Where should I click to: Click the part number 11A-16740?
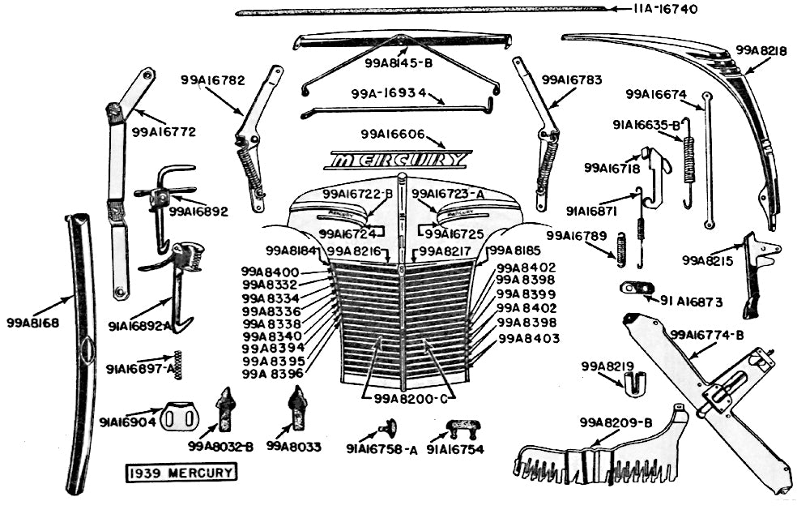coord(664,10)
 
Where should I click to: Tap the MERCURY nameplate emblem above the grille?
coord(399,160)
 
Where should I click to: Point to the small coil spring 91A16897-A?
coord(178,365)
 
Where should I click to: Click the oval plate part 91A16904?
coord(181,417)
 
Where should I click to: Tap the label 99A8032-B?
coord(220,447)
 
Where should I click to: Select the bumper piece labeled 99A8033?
coord(297,407)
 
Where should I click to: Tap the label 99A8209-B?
coord(616,422)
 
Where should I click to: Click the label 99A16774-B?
coord(706,334)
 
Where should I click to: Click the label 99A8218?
coord(761,49)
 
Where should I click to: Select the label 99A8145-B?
coord(399,62)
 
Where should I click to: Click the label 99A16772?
coord(164,131)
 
